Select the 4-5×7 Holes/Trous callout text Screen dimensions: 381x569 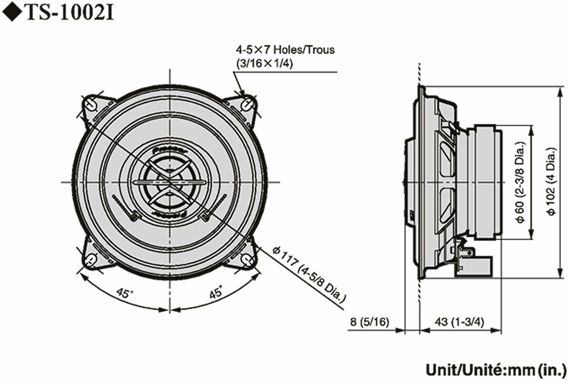285,50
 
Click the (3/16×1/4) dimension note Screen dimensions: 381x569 264,63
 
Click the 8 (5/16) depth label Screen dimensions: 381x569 369,322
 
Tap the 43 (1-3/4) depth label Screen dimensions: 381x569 459,322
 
